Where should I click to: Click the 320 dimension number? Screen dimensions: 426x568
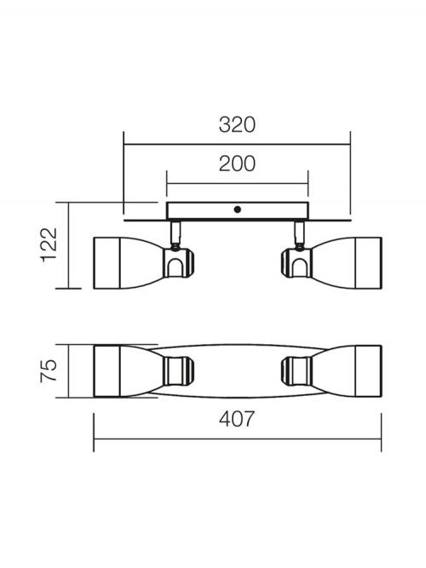click(x=237, y=124)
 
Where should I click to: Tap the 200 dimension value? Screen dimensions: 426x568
click(x=237, y=164)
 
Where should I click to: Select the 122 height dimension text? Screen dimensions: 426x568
click(x=49, y=245)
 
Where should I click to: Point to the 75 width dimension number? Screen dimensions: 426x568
click(x=49, y=370)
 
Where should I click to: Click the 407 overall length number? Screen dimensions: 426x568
click(x=237, y=419)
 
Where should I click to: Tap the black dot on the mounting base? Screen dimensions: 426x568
click(x=238, y=209)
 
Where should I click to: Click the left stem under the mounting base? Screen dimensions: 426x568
click(x=176, y=233)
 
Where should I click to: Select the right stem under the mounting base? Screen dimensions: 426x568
click(x=299, y=233)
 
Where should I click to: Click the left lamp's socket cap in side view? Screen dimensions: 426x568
click(x=178, y=262)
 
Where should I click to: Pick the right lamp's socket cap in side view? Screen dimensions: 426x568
click(x=296, y=262)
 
